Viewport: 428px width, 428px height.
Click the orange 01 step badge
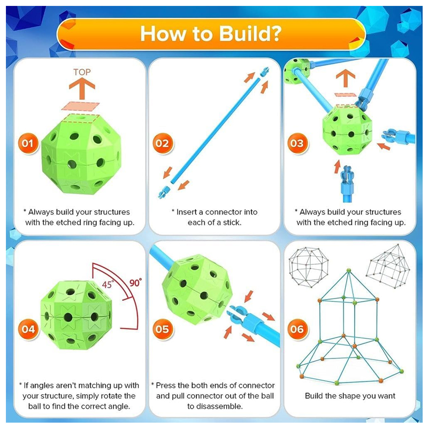point(28,143)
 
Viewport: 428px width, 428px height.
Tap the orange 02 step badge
point(163,143)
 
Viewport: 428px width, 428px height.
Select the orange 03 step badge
point(297,143)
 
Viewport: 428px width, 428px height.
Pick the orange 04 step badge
point(28,329)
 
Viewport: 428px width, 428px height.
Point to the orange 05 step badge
point(163,329)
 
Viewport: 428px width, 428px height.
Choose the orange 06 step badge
point(297,329)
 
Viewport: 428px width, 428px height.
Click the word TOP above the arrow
point(82,72)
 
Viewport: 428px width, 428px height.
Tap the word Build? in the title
point(250,34)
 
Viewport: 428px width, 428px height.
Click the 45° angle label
point(108,285)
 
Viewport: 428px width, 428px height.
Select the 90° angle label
point(135,283)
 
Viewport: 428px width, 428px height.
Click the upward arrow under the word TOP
point(82,88)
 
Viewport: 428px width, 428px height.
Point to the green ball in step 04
point(76,315)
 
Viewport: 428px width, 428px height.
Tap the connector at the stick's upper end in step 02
point(264,72)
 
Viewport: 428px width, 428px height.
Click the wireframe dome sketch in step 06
point(309,267)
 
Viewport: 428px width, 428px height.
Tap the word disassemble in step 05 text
point(215,407)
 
